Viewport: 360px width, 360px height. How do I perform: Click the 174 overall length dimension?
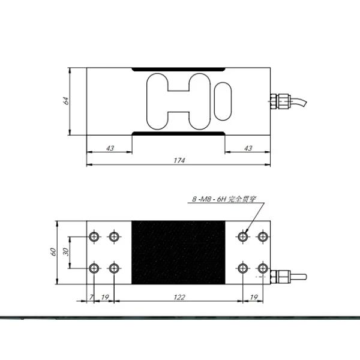coord(179,160)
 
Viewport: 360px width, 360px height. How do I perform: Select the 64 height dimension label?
coord(66,101)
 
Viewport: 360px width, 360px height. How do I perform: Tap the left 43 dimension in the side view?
coord(110,148)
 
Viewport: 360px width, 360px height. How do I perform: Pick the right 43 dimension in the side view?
coord(248,148)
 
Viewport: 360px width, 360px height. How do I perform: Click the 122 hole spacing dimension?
coord(179,298)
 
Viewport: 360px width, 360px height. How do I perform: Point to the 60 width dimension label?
coord(53,252)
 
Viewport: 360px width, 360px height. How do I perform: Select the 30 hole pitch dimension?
coord(66,252)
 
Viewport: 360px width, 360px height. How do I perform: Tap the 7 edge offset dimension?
coord(91,298)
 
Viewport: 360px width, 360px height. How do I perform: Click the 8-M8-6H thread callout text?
coord(224,199)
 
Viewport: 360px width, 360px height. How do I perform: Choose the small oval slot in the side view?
coord(223,101)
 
